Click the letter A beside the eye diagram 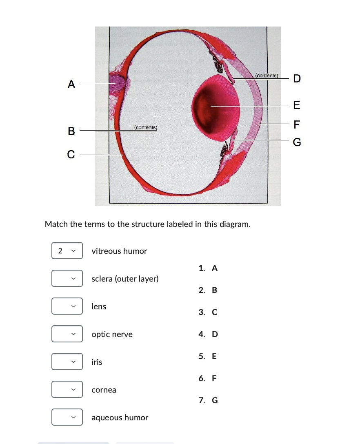71,84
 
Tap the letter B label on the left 71,131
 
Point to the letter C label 71,155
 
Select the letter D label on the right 297,79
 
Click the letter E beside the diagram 297,106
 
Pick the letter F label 297,123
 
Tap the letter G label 297,142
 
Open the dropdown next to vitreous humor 67,251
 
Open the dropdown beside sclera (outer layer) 67,279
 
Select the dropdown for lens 67,306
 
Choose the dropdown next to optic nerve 67,334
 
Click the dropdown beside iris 67,362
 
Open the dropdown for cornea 67,390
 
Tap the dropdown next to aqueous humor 67,417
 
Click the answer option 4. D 208,334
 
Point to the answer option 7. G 208,400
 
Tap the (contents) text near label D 266,75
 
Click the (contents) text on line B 146,127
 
